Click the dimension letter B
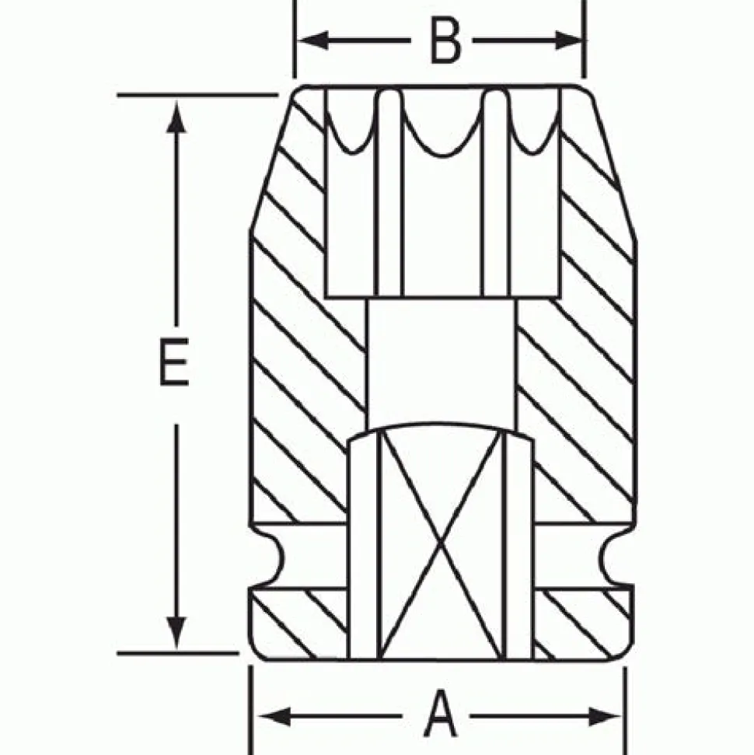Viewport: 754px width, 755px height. point(445,42)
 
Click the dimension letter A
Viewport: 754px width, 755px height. point(440,716)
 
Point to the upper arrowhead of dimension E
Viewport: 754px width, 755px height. point(176,113)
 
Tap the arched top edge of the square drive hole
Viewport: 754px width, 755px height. point(441,430)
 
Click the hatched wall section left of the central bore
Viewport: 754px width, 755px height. point(307,373)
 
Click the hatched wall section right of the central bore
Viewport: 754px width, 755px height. point(575,373)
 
